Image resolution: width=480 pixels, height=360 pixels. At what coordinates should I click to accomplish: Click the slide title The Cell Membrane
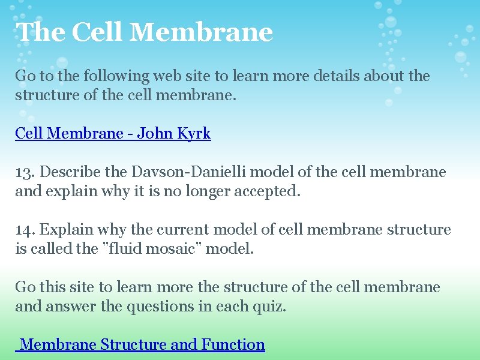coord(145,32)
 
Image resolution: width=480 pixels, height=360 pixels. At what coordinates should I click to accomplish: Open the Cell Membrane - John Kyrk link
coord(113,133)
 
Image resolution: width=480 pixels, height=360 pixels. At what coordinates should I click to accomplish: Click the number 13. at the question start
coord(26,172)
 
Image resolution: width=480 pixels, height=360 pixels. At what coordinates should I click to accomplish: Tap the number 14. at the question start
coord(26,230)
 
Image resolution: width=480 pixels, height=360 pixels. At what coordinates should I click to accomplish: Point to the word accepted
coord(269,191)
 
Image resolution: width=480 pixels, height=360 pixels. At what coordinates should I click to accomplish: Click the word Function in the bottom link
coord(233,344)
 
